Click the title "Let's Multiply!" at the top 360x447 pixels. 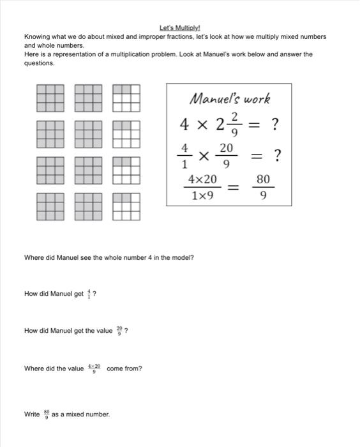(x=179, y=29)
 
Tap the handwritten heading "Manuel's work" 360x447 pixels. (x=230, y=98)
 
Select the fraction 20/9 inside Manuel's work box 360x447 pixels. (x=227, y=155)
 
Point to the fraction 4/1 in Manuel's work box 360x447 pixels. (x=184, y=155)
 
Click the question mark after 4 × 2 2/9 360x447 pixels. (x=275, y=125)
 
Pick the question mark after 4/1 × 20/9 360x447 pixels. (x=277, y=155)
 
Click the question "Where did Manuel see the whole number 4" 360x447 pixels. (x=109, y=257)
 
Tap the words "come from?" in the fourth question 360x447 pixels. (x=124, y=368)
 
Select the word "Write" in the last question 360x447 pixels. (x=32, y=414)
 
